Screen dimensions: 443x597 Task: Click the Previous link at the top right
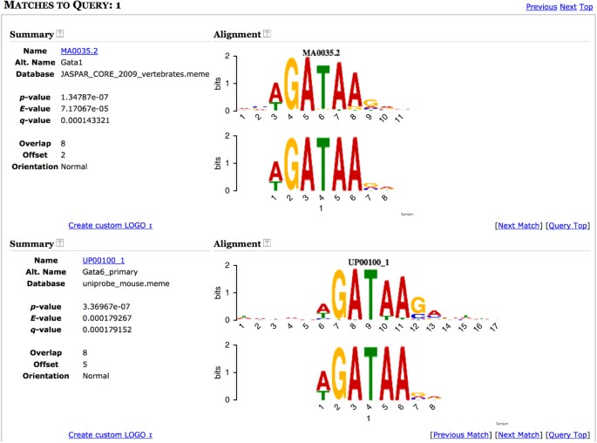coord(540,7)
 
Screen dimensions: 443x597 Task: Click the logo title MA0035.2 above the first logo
coord(321,52)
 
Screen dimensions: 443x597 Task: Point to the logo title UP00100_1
coord(370,262)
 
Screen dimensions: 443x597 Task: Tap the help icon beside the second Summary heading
coord(59,243)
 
